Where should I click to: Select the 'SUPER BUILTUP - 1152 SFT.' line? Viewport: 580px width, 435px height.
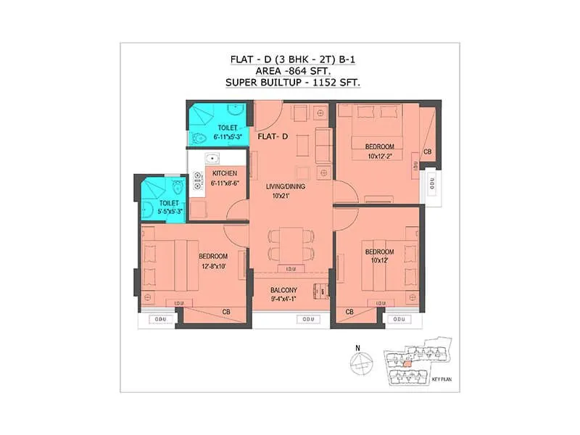tap(294, 83)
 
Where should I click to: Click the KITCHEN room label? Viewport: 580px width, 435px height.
tap(225, 174)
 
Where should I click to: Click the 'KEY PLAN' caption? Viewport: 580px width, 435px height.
tap(438, 379)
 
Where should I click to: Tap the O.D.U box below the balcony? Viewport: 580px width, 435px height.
tap(307, 319)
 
